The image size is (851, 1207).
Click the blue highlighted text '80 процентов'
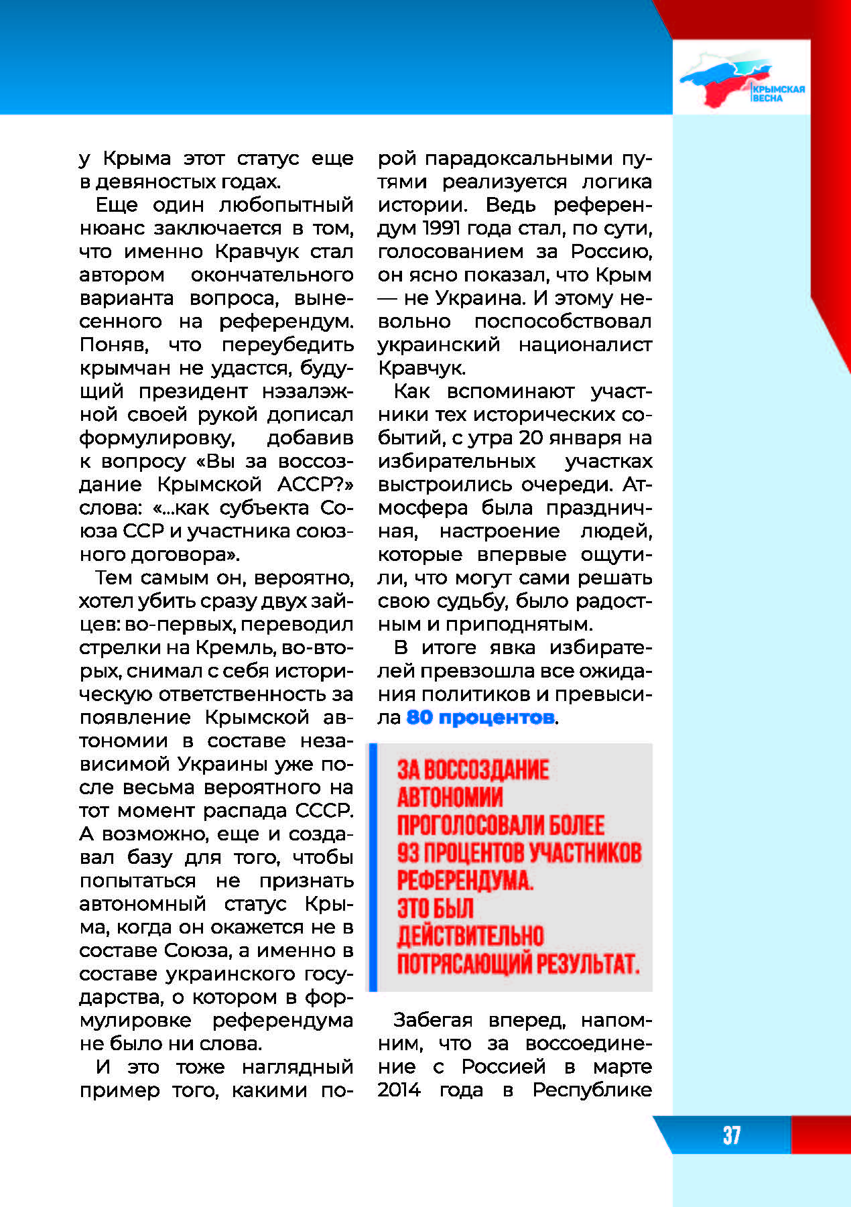coord(480,717)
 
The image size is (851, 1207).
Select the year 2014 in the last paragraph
coord(399,1090)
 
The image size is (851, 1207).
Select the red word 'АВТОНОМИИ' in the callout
coord(450,798)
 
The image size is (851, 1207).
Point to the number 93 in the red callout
coord(408,853)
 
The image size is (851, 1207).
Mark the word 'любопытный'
coord(286,204)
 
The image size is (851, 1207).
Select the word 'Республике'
coord(592,1090)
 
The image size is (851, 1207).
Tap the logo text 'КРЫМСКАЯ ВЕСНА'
coord(777,93)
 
